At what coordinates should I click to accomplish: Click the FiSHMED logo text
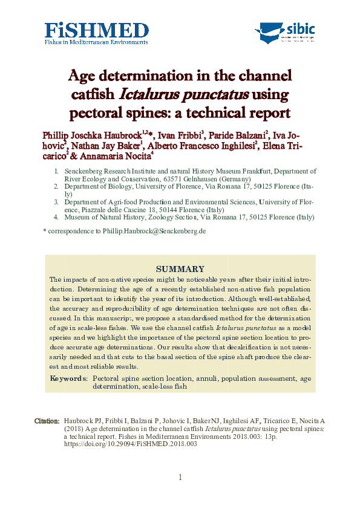pos(97,30)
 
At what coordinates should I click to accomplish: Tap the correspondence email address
pos(153,232)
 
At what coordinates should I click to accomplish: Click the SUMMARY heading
pos(180,269)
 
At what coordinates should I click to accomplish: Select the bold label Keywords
pos(68,378)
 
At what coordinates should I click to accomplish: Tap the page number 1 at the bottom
pos(180,478)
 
